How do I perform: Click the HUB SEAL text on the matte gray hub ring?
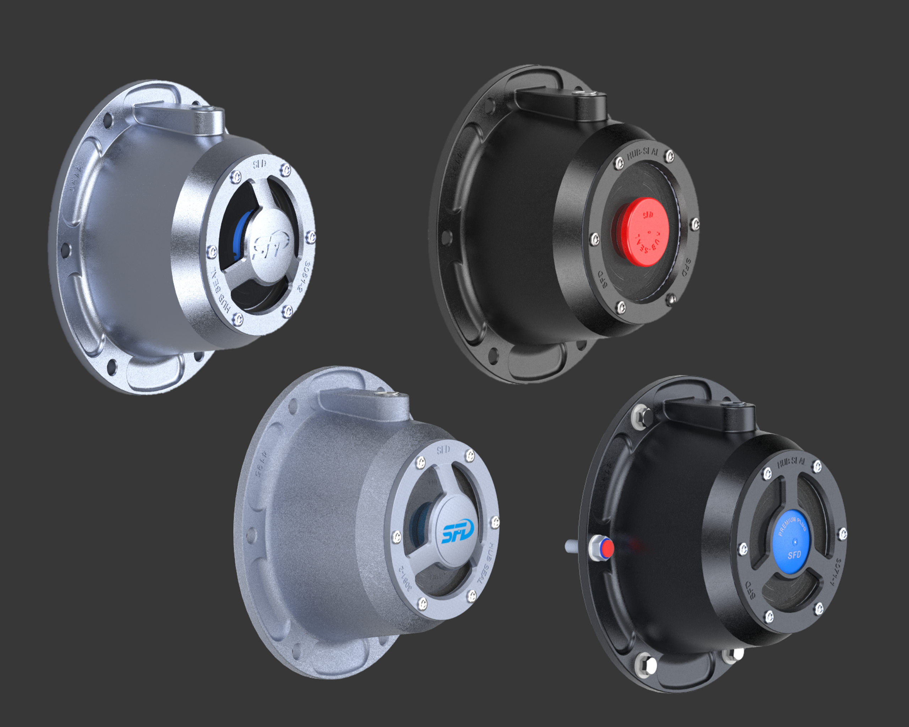[x=487, y=563]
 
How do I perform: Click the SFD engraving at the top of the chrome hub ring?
[x=259, y=164]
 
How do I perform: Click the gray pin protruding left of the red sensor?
[x=573, y=547]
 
